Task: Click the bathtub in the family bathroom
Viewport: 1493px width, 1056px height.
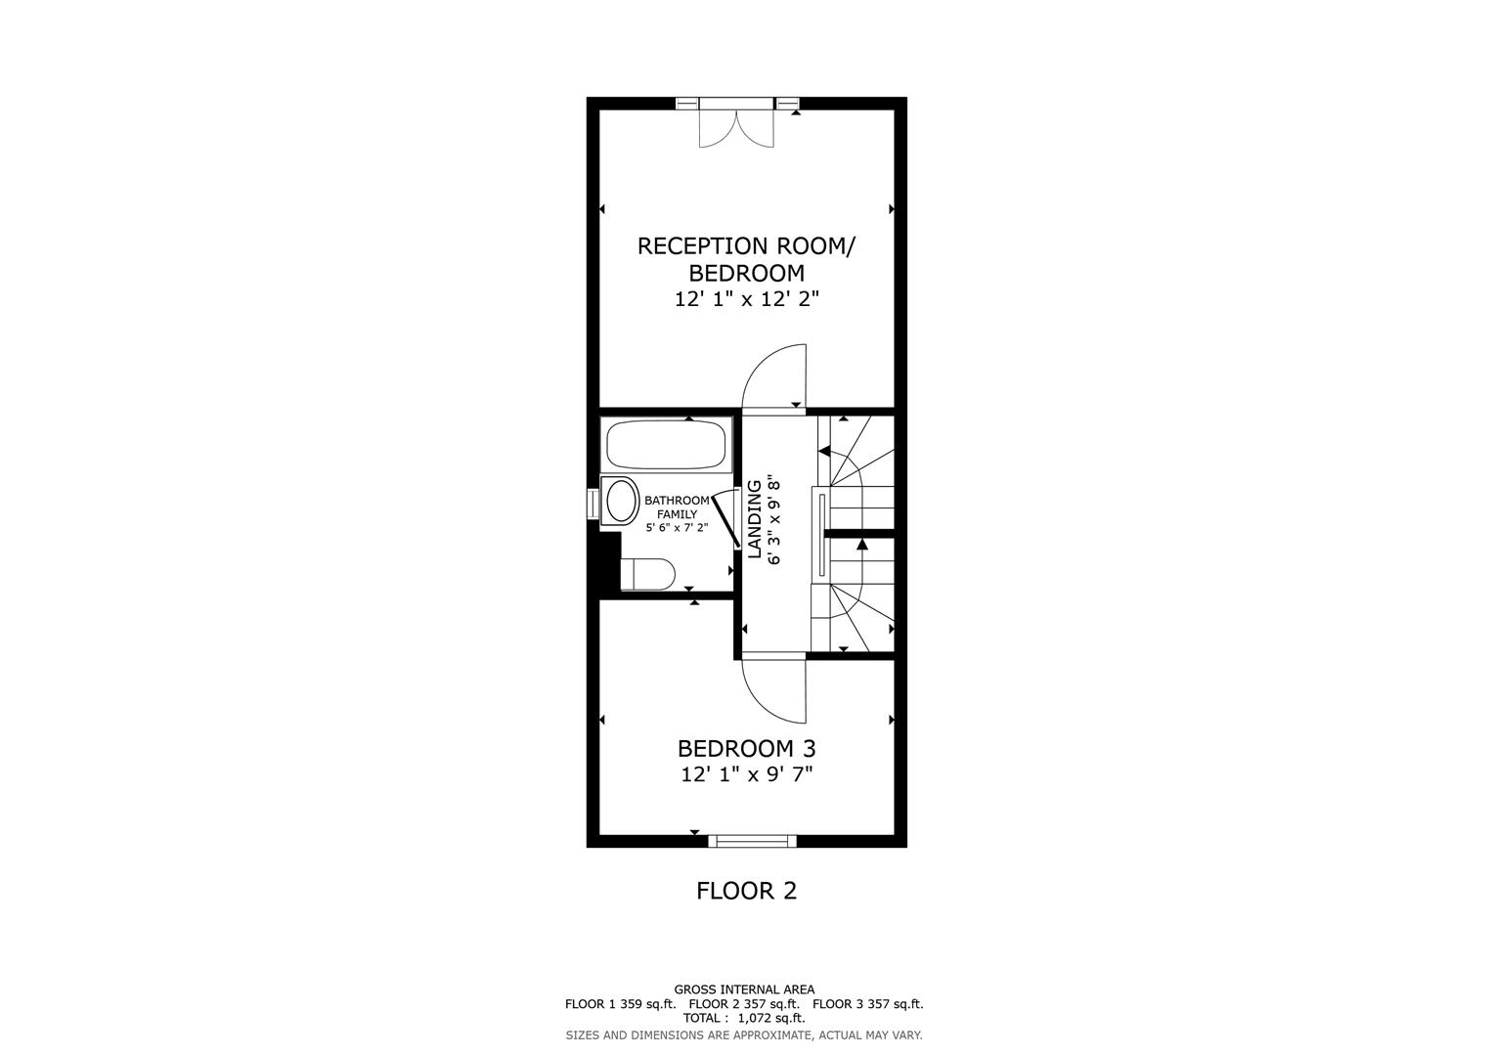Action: click(x=667, y=446)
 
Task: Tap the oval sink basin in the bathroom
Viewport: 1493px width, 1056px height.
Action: click(x=621, y=502)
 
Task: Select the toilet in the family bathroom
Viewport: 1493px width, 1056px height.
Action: click(x=647, y=574)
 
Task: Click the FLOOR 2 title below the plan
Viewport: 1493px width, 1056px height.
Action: click(x=746, y=891)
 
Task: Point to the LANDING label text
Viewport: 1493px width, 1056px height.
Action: click(x=755, y=519)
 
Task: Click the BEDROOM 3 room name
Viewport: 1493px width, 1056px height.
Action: click(x=746, y=749)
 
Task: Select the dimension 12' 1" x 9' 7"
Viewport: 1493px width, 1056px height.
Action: click(x=747, y=775)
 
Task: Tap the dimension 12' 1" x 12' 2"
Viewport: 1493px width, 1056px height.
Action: click(x=746, y=299)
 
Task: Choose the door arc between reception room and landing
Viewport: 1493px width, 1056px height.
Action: click(x=772, y=376)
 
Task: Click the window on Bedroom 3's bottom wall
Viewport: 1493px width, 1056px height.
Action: click(x=752, y=840)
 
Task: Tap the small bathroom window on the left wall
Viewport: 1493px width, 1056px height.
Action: click(x=593, y=503)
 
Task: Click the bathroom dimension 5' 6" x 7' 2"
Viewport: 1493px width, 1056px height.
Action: click(x=677, y=527)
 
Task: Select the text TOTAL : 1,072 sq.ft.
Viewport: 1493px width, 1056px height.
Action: click(x=744, y=1018)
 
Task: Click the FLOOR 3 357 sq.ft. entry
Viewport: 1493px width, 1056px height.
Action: click(x=867, y=1004)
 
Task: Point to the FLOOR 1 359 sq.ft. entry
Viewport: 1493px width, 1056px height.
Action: click(x=620, y=1004)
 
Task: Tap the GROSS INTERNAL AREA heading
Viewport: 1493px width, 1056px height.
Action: click(x=744, y=990)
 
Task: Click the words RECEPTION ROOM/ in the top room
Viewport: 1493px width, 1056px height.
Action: click(x=746, y=246)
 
